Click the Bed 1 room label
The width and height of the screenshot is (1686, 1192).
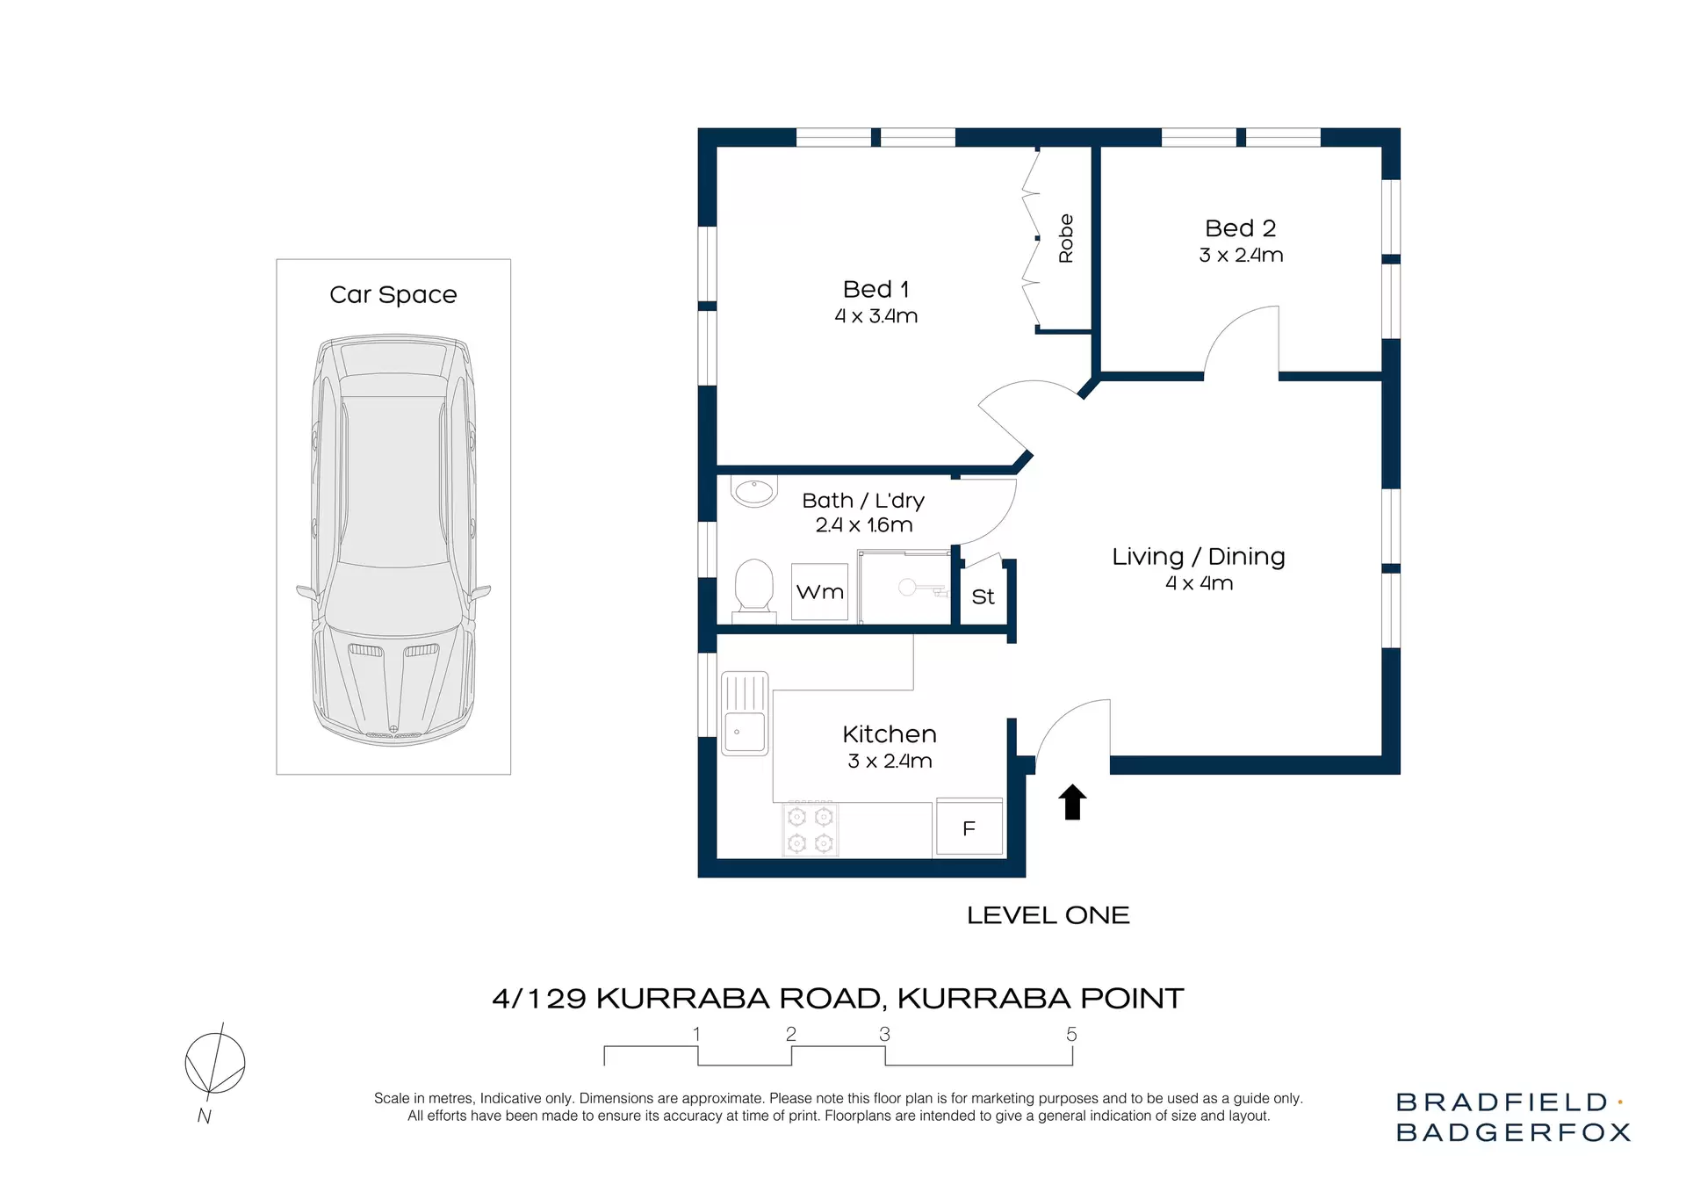tap(875, 289)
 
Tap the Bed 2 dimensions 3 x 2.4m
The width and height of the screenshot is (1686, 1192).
tap(1240, 256)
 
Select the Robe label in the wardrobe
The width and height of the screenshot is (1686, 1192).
tap(1066, 238)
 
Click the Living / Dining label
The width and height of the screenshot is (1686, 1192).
tap(1198, 557)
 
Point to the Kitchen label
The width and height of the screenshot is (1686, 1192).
tap(889, 734)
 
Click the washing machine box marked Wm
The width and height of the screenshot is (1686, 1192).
tap(819, 592)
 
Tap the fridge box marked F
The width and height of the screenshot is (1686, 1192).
tap(969, 827)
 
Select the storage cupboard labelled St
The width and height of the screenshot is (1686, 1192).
tap(983, 597)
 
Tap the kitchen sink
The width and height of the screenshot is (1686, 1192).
tap(745, 713)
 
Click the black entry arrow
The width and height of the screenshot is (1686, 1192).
tap(1072, 802)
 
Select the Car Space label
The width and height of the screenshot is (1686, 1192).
tap(393, 294)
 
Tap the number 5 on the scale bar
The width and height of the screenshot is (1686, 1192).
tap(1071, 1035)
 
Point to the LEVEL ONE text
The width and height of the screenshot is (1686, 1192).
tap(1048, 915)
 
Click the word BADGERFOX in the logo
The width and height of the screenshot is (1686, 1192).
tap(1512, 1132)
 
